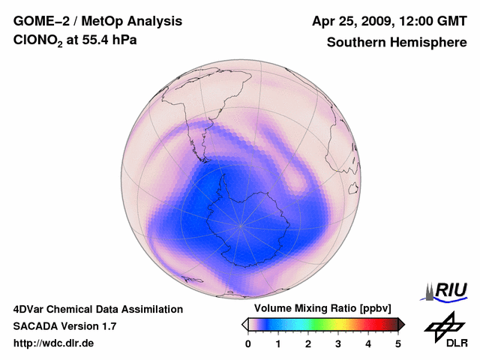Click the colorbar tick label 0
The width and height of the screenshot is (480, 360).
[248, 343]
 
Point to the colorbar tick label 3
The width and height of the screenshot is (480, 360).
[338, 343]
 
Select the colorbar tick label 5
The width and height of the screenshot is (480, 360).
[398, 343]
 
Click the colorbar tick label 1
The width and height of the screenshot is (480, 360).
[278, 343]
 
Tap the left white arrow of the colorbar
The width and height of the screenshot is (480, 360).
[244, 324]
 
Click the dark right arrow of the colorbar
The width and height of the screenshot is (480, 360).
[401, 324]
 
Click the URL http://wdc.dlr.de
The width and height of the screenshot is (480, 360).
[54, 343]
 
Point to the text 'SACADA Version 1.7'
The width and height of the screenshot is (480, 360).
[64, 326]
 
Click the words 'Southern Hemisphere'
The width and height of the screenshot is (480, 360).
[396, 43]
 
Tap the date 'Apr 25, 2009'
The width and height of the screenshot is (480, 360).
[352, 21]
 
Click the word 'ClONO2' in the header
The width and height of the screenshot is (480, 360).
[41, 43]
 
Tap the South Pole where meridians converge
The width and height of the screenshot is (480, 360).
[241, 224]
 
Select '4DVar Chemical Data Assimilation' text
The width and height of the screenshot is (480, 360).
[98, 309]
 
